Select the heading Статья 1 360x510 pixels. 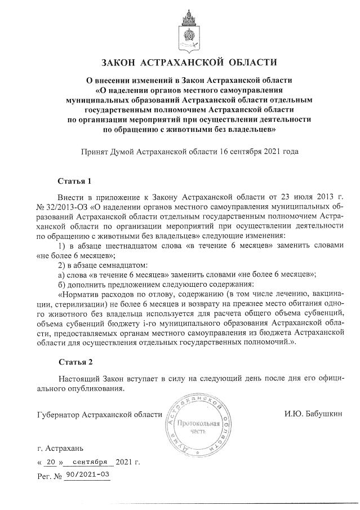coord(74,181)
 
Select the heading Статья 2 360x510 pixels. coord(74,360)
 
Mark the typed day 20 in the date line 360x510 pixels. coord(51,462)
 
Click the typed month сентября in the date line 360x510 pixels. coord(90,462)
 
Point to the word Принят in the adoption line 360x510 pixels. coord(95,152)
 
